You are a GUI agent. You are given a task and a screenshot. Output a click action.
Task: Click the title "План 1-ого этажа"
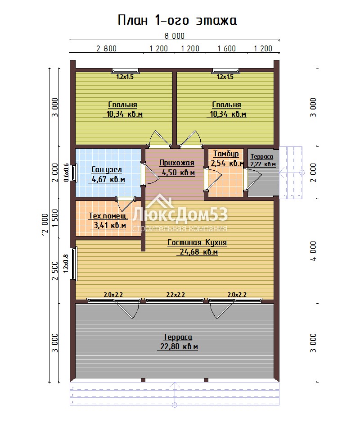(x=177, y=20)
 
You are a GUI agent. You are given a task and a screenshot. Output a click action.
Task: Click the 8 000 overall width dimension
(x=175, y=36)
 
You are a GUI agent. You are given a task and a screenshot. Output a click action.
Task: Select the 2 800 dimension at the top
(x=106, y=49)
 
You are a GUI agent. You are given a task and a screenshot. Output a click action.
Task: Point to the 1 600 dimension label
(x=226, y=49)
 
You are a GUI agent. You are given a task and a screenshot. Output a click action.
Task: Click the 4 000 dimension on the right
(x=313, y=251)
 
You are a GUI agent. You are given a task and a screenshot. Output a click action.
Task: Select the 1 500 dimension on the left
(x=55, y=218)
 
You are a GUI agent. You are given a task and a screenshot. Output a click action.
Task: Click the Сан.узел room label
(x=106, y=170)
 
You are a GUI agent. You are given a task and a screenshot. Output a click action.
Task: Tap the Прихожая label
(x=177, y=163)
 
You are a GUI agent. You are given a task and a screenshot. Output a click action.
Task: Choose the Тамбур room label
(x=226, y=154)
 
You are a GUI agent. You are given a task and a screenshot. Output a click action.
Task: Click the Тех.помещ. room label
(x=108, y=216)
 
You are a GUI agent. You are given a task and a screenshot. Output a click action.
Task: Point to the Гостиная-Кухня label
(x=197, y=242)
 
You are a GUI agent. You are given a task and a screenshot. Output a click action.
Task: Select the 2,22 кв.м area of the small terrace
(x=263, y=164)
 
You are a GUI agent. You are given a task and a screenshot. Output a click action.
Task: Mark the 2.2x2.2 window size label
(x=175, y=295)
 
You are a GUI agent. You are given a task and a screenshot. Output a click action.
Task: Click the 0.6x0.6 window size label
(x=66, y=173)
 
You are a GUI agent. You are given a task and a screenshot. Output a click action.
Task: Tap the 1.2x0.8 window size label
(x=66, y=264)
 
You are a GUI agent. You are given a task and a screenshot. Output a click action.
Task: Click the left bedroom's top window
(x=125, y=71)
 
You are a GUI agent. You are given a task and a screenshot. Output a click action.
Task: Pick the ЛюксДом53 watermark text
(x=180, y=214)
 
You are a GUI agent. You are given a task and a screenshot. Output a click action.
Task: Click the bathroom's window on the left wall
(x=74, y=172)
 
